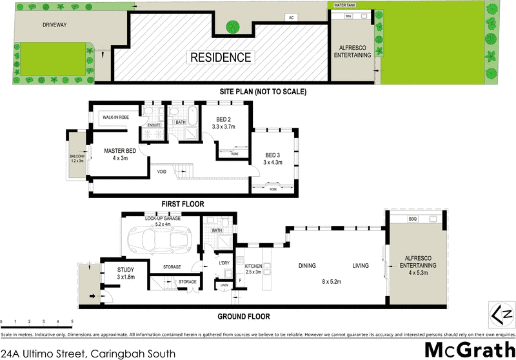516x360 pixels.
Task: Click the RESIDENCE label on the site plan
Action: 221,57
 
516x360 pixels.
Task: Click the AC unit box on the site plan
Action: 291,17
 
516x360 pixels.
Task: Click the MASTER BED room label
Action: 120,154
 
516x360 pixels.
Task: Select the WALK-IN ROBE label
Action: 117,117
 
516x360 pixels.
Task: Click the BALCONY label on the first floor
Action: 77,158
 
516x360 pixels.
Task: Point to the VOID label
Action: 161,172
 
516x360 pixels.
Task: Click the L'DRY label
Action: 224,263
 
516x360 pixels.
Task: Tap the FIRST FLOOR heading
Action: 183,204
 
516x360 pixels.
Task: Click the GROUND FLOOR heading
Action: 243,317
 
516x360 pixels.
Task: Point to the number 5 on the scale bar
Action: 72,321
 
